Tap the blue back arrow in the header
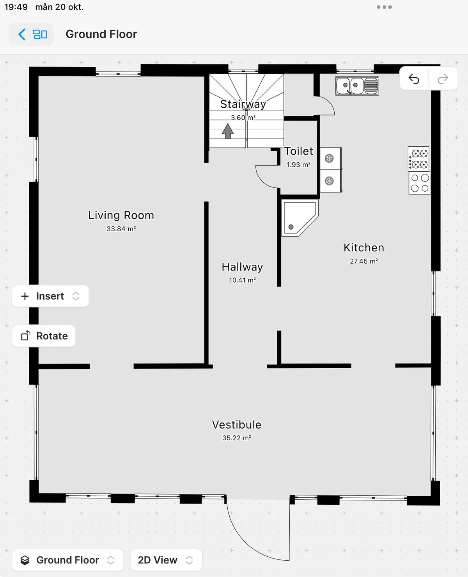pyautogui.click(x=22, y=34)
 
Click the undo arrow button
pyautogui.click(x=414, y=79)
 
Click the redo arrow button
pyautogui.click(x=443, y=79)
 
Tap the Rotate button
pyautogui.click(x=44, y=336)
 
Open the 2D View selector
pyautogui.click(x=166, y=560)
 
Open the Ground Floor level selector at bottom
pyautogui.click(x=67, y=560)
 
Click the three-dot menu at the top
pyautogui.click(x=384, y=7)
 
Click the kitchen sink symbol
pyautogui.click(x=357, y=86)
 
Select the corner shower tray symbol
pyautogui.click(x=298, y=218)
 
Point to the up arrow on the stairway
pyautogui.click(x=228, y=131)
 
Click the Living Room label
pyautogui.click(x=121, y=215)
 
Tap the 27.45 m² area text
pyautogui.click(x=363, y=261)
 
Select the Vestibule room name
pyautogui.click(x=236, y=424)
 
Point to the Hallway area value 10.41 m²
pyautogui.click(x=242, y=280)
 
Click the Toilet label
pyautogui.click(x=298, y=151)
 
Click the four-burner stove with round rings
pyautogui.click(x=420, y=183)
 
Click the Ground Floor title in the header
pyautogui.click(x=101, y=34)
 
